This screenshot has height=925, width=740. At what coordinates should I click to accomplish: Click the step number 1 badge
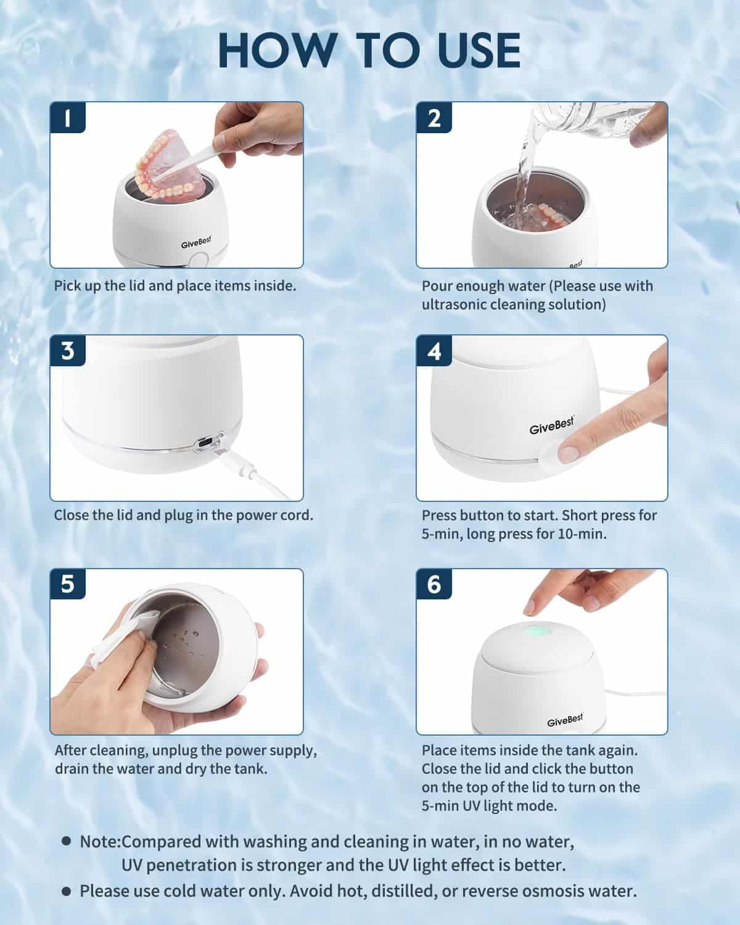pyautogui.click(x=67, y=117)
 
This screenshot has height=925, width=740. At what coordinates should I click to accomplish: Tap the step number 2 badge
pyautogui.click(x=434, y=117)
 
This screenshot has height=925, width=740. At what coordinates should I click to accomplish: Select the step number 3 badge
pyautogui.click(x=67, y=351)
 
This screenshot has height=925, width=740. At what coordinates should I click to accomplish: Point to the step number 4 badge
pyautogui.click(x=434, y=351)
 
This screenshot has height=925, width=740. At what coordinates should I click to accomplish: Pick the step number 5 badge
pyautogui.click(x=67, y=584)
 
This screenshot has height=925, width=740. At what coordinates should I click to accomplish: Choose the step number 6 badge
pyautogui.click(x=434, y=584)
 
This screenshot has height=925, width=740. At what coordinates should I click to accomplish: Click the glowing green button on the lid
pyautogui.click(x=536, y=631)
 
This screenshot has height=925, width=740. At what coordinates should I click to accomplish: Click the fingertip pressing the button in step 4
pyautogui.click(x=569, y=453)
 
